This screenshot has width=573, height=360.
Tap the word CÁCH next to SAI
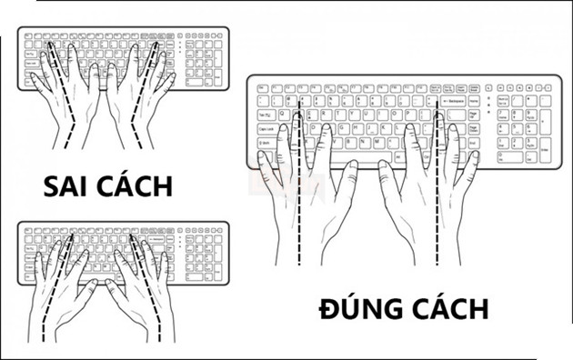click(x=136, y=186)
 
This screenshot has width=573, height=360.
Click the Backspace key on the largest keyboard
click(x=458, y=100)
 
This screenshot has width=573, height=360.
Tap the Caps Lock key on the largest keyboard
click(x=268, y=129)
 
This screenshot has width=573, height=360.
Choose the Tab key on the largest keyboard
click(x=266, y=115)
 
